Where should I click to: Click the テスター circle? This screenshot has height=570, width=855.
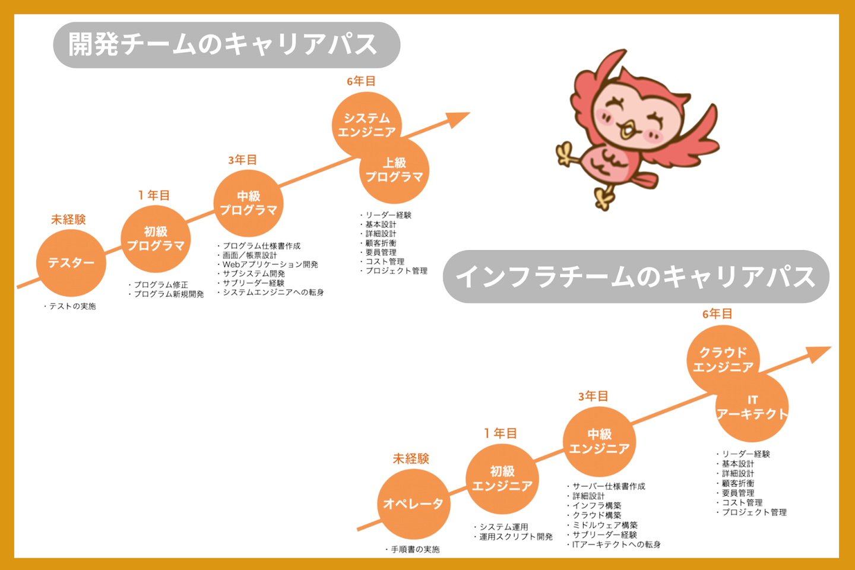71,263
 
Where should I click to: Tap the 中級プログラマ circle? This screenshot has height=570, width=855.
248,203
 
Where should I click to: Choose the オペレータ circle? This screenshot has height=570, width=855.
413,504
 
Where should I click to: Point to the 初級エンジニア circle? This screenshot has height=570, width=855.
502,479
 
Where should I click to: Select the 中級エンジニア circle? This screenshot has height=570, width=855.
599,442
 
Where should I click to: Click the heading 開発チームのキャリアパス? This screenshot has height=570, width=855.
226,45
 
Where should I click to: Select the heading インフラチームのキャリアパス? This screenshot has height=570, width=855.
635,277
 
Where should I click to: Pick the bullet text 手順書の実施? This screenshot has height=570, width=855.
415,550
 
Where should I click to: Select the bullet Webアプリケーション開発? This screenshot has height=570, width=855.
270,264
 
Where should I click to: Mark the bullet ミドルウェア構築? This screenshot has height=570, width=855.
604,525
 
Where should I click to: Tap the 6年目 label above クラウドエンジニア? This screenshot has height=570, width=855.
717,314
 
